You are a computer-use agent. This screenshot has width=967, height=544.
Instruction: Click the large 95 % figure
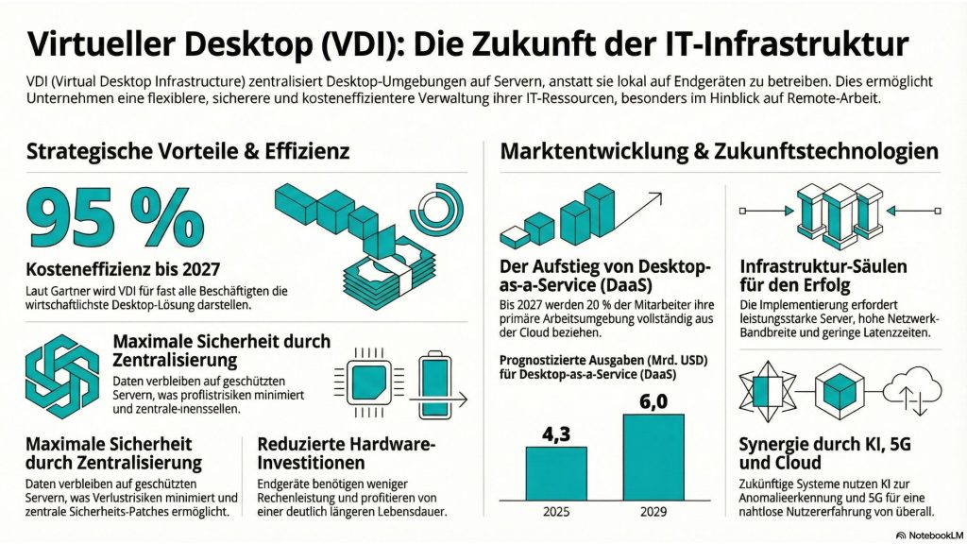tap(114, 219)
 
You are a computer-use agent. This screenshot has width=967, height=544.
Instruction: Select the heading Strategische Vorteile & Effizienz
tap(188, 151)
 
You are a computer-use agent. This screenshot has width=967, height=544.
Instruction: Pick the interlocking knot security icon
tap(61, 375)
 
